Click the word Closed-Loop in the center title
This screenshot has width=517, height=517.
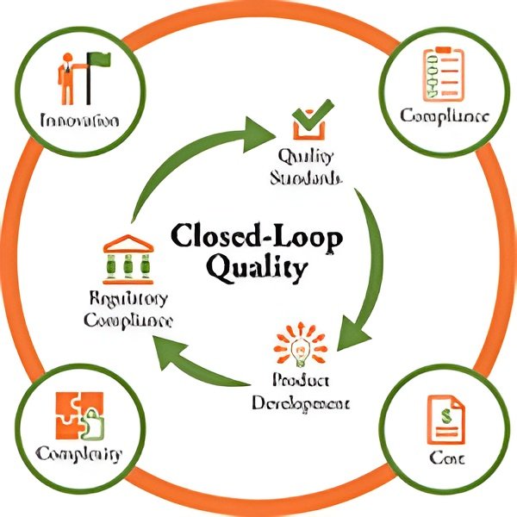tap(257, 236)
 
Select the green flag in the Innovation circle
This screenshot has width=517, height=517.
tap(98, 62)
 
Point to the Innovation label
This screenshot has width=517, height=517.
tap(79, 121)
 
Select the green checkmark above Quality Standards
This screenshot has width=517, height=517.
tap(308, 121)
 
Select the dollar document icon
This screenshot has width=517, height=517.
tap(445, 420)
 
